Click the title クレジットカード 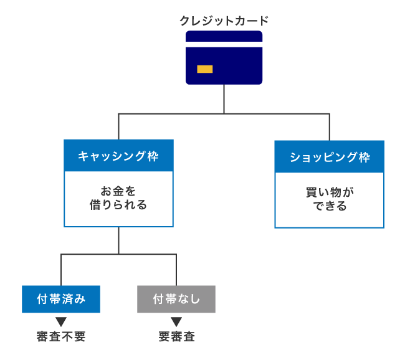(x=224, y=21)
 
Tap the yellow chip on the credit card (x=204, y=69)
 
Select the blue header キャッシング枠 (x=118, y=156)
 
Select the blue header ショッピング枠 (x=329, y=156)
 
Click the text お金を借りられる (x=118, y=196)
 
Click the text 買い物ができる (x=329, y=196)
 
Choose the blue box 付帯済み (x=60, y=299)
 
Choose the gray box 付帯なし (x=176, y=299)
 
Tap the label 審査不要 (x=60, y=337)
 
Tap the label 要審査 (x=176, y=337)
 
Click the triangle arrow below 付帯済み (x=60, y=321)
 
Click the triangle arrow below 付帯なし (x=176, y=321)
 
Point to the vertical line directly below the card (x=224, y=98)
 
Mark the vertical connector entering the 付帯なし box (x=176, y=270)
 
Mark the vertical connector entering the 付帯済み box (x=60, y=270)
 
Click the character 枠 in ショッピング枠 (x=364, y=156)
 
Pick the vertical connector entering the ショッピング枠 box (x=329, y=127)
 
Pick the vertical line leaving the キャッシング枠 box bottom (x=118, y=240)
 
